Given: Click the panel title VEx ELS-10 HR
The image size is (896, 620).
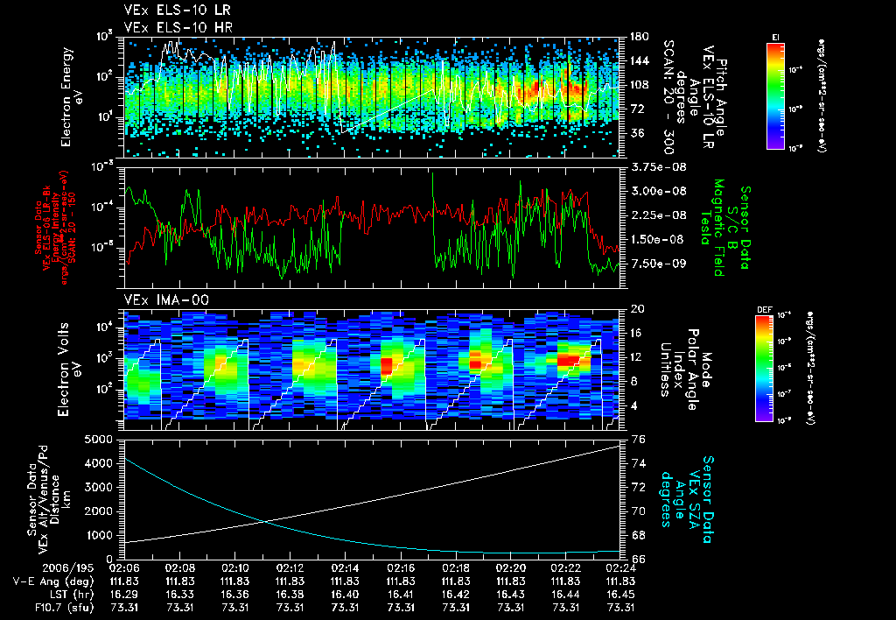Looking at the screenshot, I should [x=171, y=27].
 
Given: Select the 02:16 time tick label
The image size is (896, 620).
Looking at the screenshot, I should [x=400, y=567].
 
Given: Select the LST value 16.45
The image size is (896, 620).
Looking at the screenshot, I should [x=620, y=594].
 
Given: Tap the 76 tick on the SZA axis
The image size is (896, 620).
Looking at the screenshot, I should [x=638, y=440].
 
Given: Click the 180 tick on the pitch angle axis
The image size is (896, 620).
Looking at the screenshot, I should [x=638, y=37].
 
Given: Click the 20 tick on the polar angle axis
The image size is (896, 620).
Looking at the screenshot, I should [x=638, y=309].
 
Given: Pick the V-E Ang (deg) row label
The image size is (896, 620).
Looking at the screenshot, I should [x=39, y=581].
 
